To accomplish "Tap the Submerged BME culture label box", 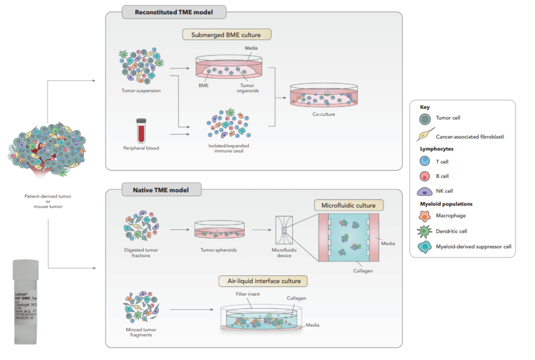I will [226, 35].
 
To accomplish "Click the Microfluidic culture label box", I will [349, 206].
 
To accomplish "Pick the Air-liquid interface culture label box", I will [263, 281].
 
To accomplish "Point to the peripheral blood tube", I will [141, 128].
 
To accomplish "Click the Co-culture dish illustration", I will [323, 96].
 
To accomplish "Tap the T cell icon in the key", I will [423, 161].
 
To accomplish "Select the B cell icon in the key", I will [423, 176].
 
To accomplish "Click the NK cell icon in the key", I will [423, 191].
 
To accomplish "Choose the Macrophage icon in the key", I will [423, 216].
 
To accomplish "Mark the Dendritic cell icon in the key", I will [423, 231].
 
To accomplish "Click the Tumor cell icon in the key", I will [423, 118].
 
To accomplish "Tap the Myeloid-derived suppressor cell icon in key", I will [423, 246].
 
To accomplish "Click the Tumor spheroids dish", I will [218, 231].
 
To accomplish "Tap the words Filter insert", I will [248, 294].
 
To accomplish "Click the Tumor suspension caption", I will [141, 91].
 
